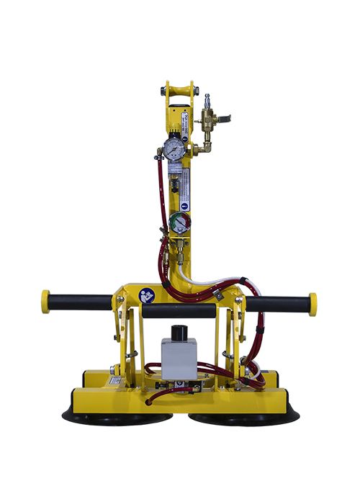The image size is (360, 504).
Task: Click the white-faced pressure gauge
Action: tap(173, 148)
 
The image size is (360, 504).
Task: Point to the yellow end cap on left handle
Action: tap(45, 302)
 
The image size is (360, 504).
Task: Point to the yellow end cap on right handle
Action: tap(312, 303)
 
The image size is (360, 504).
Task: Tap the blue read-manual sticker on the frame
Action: tap(147, 294)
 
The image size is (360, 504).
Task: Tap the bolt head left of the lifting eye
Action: tap(163, 91)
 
